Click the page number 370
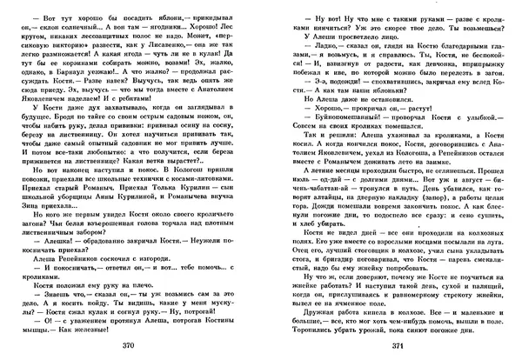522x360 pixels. tap(130, 344)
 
